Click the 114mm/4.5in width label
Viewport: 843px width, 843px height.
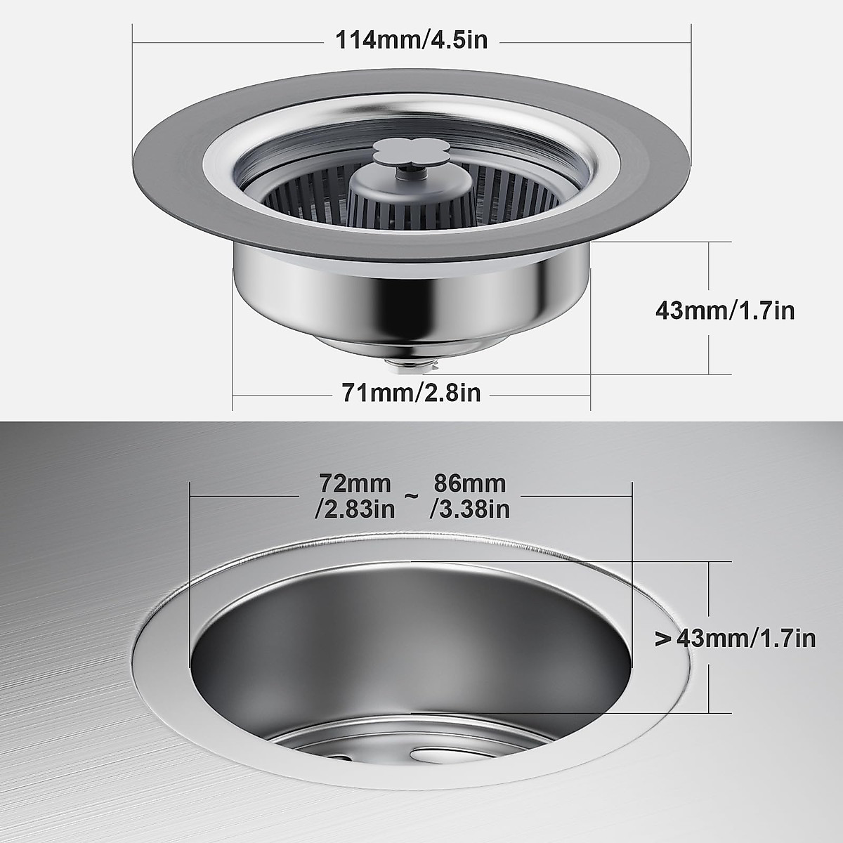(x=411, y=40)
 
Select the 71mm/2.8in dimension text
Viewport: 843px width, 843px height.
(x=411, y=392)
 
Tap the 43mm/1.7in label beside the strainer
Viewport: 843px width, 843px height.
(x=724, y=310)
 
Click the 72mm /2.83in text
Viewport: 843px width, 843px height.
(x=355, y=496)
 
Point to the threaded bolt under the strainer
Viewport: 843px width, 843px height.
(x=412, y=364)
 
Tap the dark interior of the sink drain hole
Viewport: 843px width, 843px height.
(x=411, y=646)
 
